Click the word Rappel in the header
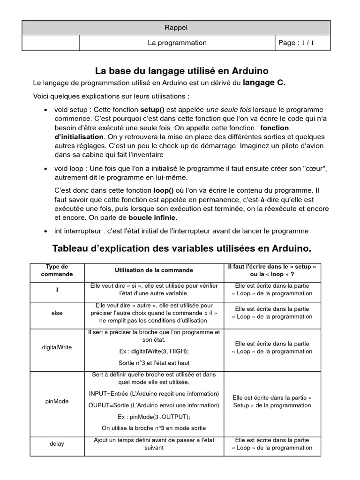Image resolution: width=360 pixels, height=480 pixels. (177, 28)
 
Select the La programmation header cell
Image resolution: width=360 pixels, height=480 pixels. (177, 43)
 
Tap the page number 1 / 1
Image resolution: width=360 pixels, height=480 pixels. (296, 43)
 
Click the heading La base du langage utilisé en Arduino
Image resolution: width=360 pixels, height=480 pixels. (182, 71)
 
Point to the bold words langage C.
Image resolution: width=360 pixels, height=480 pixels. (264, 83)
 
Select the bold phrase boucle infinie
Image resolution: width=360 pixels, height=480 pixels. (153, 217)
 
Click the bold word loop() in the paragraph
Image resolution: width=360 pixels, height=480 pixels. (164, 191)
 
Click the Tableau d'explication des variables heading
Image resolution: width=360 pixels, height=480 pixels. (181, 247)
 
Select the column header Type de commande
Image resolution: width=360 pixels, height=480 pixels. (57, 270)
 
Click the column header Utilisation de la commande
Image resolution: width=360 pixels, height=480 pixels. (154, 270)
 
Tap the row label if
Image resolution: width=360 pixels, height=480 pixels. (57, 290)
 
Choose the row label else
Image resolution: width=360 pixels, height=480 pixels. (57, 313)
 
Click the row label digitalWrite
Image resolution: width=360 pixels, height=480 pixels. (57, 347)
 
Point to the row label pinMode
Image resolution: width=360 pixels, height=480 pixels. (57, 402)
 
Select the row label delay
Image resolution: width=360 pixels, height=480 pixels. (57, 443)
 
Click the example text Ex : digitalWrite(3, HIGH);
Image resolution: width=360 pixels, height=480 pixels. (154, 351)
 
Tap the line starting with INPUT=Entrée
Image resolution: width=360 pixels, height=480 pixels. (154, 393)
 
